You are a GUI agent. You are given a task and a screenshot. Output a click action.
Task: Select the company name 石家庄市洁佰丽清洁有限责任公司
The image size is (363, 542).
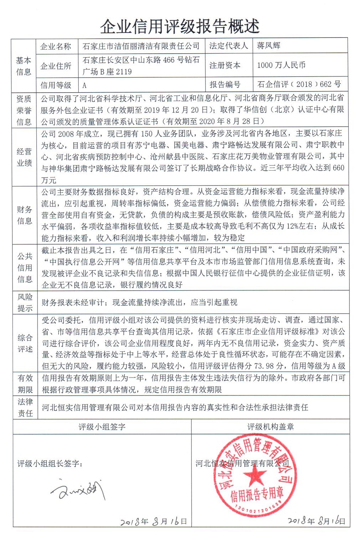click(141, 46)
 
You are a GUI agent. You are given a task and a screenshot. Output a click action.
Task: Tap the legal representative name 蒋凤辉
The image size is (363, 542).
click(268, 45)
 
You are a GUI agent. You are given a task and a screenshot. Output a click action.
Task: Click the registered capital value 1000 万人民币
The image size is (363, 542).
click(281, 65)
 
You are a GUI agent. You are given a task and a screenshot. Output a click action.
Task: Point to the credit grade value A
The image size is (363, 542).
click(84, 85)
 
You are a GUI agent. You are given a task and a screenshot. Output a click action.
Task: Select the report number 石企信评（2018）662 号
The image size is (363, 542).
click(299, 84)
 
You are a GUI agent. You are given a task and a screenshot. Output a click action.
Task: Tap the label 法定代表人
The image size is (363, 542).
click(228, 46)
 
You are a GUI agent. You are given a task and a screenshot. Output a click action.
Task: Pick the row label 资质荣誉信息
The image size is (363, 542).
click(24, 110)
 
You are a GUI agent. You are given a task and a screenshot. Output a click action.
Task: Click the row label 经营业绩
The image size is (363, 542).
click(24, 157)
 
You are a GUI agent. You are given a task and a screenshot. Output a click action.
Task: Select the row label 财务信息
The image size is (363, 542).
click(24, 215)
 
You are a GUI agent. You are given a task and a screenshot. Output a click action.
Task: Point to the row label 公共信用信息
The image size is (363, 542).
click(25, 267)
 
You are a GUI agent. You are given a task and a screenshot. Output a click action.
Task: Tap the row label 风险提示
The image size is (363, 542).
click(25, 302)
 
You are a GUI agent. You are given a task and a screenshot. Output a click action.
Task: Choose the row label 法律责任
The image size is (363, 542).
click(25, 407)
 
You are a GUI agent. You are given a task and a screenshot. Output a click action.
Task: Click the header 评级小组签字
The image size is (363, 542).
click(102, 427)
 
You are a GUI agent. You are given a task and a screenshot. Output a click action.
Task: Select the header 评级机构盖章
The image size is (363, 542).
click(270, 427)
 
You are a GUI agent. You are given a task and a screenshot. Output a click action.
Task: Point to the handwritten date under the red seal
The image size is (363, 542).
click(316, 521)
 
